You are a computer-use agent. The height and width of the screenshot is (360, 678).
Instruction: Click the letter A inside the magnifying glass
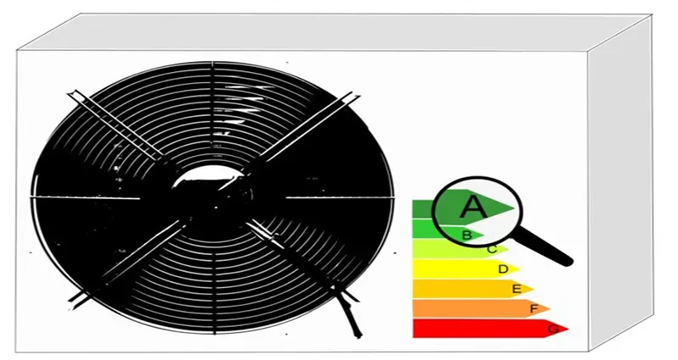(473, 207)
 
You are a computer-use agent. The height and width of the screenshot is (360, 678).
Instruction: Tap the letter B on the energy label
(466, 235)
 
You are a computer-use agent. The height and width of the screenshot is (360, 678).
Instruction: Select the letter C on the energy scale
(492, 250)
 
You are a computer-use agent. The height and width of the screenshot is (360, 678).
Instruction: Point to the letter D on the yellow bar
(503, 269)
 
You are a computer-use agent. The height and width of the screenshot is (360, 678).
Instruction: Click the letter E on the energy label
(516, 289)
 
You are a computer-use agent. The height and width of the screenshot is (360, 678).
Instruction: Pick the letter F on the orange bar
(534, 308)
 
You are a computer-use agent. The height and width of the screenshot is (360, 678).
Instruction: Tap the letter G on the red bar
(553, 329)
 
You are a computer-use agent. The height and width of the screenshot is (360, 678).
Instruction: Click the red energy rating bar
(491, 329)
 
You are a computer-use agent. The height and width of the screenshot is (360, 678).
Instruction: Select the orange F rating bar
(481, 308)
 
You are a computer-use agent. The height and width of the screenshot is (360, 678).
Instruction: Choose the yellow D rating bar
(465, 269)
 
